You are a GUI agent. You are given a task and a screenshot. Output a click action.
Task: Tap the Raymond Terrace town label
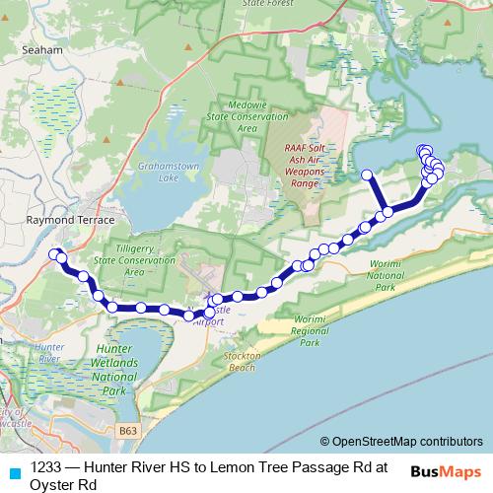click(71, 220)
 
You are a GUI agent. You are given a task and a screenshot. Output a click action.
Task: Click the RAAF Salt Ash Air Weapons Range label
click(305, 164)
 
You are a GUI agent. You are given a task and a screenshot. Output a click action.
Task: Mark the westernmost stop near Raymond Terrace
click(55, 253)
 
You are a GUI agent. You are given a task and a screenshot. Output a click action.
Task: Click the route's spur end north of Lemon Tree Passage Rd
click(366, 176)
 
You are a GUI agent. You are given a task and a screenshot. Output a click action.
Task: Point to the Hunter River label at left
click(47, 354)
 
